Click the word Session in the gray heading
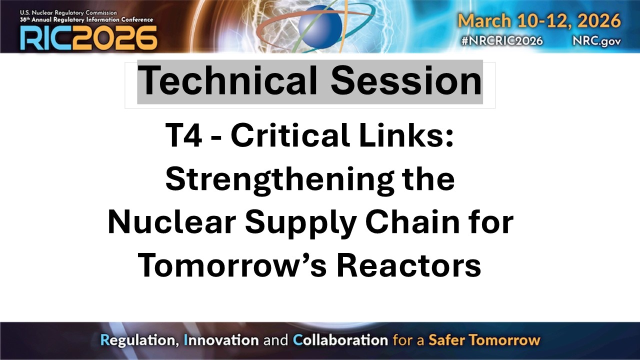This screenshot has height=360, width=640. [x=406, y=81]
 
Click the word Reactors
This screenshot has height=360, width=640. [x=408, y=266]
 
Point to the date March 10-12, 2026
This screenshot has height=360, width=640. [x=539, y=21]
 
